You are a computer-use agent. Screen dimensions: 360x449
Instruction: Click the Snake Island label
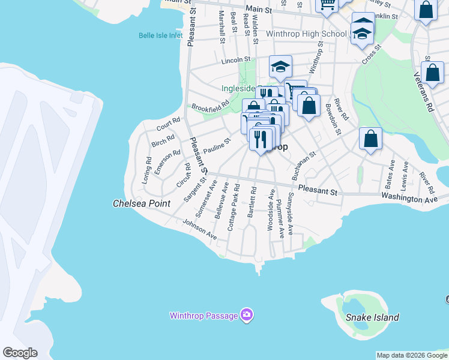pyautogui.click(x=372, y=317)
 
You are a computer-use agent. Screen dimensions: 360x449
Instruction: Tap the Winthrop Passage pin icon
pyautogui.click(x=246, y=314)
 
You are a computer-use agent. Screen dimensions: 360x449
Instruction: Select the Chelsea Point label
pyautogui.click(x=142, y=204)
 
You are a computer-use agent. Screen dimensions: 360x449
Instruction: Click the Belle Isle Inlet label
pyautogui.click(x=160, y=35)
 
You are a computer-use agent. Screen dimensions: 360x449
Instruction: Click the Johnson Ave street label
pyautogui.click(x=200, y=229)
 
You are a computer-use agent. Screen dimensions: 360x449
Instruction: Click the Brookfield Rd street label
pyautogui.click(x=210, y=106)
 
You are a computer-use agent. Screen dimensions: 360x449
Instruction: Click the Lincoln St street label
pyautogui.click(x=235, y=60)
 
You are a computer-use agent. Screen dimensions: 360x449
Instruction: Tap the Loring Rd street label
pyautogui.click(x=147, y=170)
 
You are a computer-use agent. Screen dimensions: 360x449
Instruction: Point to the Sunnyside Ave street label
pyautogui.click(x=290, y=214)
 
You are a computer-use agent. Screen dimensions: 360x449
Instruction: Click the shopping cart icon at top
pyautogui.click(x=327, y=5)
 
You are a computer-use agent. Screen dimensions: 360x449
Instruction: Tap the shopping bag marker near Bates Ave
pyautogui.click(x=371, y=139)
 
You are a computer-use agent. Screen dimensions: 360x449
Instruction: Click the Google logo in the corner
pyautogui.click(x=20, y=353)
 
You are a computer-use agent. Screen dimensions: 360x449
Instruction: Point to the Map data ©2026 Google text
pyautogui.click(x=412, y=355)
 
